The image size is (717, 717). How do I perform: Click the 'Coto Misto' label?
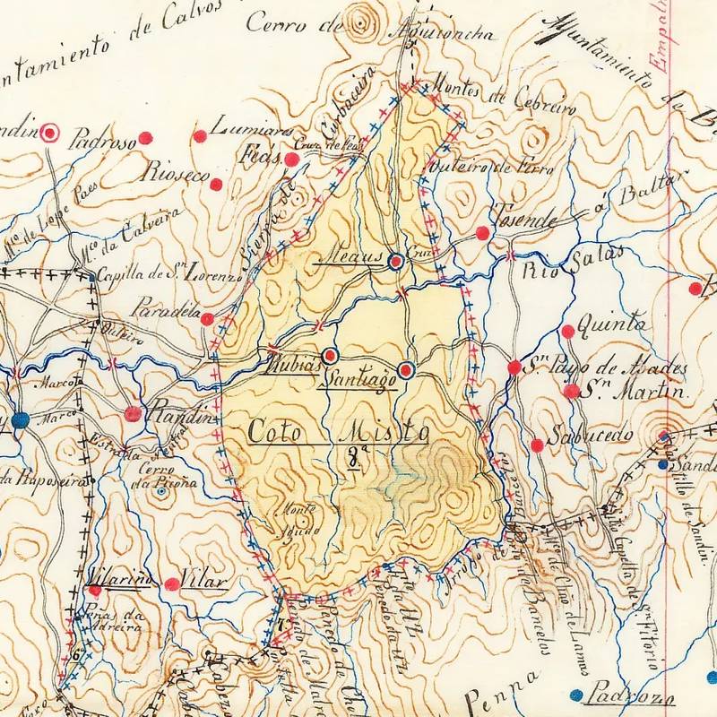click(x=336, y=431)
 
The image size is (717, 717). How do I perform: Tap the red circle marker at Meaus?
click(x=395, y=262)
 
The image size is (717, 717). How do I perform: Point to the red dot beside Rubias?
click(x=330, y=354)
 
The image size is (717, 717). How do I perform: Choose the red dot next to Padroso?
click(x=145, y=139)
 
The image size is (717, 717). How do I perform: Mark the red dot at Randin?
click(x=134, y=413)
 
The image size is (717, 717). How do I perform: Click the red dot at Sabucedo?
click(x=536, y=445)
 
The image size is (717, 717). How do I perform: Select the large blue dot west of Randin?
click(x=22, y=419)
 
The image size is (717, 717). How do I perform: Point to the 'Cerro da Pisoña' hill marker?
click(x=160, y=491)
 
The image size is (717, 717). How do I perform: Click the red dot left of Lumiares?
click(x=200, y=136)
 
